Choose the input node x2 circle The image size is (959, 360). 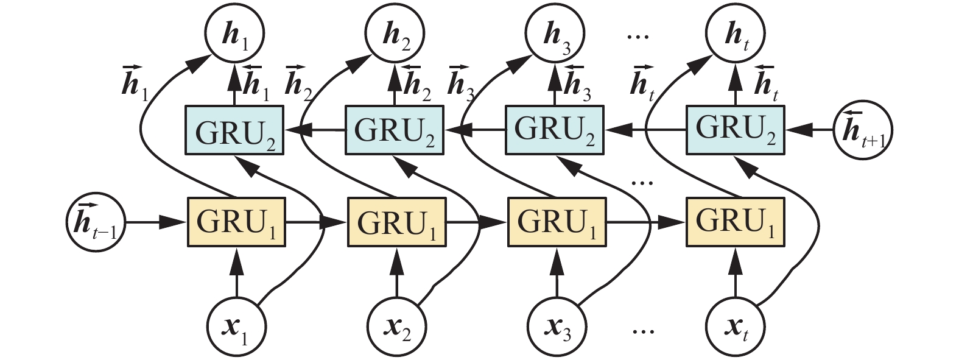coord(396,329)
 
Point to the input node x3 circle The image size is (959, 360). coord(557,329)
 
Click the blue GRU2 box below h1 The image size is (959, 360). coord(234,130)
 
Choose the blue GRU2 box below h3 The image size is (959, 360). coord(555,130)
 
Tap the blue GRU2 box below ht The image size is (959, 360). coord(736,130)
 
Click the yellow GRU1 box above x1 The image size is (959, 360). coord(236,222)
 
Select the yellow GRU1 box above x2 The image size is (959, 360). coord(396,222)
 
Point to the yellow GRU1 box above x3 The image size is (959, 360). coord(557,222)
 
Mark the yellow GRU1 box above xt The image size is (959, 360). coord(736,222)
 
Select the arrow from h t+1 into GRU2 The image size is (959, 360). coord(810,130)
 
